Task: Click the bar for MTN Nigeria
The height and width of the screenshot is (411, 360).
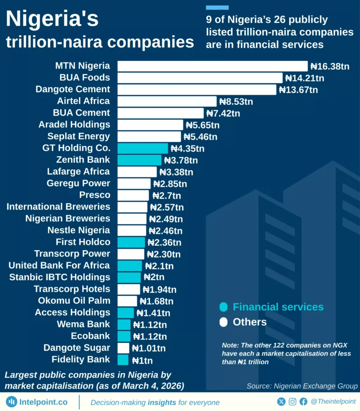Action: coord(212,66)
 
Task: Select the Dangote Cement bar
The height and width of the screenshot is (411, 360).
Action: coord(196,90)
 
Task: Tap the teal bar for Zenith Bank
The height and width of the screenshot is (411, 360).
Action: coord(139,160)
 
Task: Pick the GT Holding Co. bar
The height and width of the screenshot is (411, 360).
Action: coord(142,148)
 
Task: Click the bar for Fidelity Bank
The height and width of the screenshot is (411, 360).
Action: coord(123,360)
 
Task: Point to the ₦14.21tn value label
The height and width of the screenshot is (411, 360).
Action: coord(305,78)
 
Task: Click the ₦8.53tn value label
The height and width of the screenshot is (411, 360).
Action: coord(236,101)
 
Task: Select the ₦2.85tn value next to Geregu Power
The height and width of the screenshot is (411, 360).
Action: coord(170,184)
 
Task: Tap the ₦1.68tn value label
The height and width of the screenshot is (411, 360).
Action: coord(156,301)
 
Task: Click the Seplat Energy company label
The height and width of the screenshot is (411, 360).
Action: coord(79,137)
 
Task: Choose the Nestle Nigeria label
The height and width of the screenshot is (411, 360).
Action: coord(79,230)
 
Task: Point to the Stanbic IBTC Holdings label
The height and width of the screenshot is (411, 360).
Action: coord(60,277)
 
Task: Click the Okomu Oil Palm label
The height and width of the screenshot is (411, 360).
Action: coord(74,301)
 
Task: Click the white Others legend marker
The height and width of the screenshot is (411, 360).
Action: coord(224,322)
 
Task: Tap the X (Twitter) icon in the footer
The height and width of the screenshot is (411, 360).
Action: coord(281,402)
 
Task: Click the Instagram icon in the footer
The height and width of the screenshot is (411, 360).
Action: coord(292,402)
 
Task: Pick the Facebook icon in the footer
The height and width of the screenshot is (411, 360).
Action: coord(303,402)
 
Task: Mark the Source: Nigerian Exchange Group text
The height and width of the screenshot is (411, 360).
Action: coord(302,386)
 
